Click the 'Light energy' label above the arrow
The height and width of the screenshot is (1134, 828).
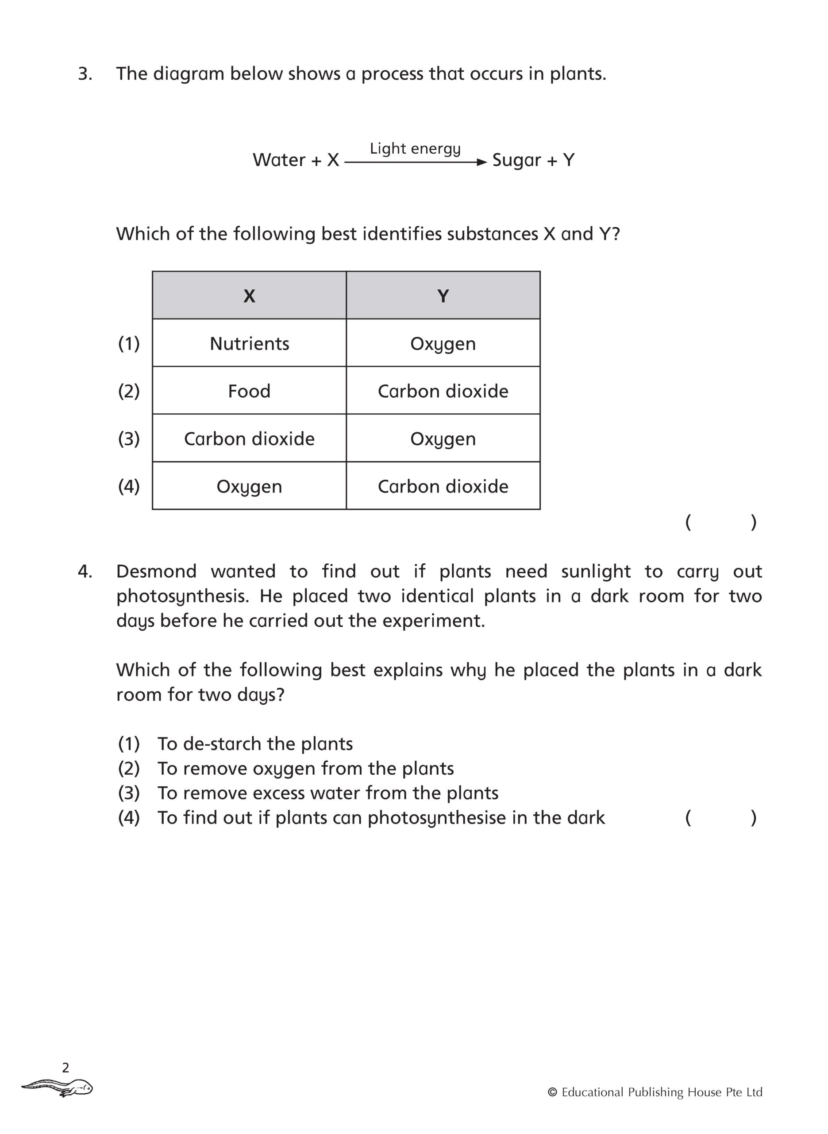415,148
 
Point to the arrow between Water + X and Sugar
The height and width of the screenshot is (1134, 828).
416,162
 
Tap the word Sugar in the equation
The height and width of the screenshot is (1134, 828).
517,160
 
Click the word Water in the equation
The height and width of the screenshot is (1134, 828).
279,160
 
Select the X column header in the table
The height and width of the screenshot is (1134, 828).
249,296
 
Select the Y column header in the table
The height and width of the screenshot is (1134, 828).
443,296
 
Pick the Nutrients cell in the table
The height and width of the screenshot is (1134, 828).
249,344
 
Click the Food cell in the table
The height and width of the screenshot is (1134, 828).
249,391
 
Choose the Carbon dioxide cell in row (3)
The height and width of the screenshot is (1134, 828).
249,439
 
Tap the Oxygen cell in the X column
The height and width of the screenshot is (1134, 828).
249,486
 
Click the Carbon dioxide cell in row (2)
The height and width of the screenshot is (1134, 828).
443,391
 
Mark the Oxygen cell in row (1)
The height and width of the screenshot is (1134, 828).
443,344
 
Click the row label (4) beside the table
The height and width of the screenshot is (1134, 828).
129,486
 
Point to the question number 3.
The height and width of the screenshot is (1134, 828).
85,74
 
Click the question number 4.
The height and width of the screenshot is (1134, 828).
85,571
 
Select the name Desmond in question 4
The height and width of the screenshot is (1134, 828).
156,571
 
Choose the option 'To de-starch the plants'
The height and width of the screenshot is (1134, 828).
254,744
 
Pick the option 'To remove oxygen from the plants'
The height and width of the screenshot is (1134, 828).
305,769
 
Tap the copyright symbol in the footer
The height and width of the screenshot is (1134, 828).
552,1092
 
